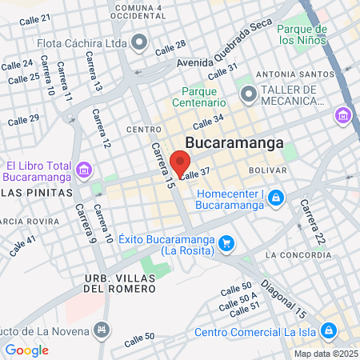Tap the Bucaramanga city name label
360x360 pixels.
pos(234,143)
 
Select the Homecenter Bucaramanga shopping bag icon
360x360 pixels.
pos(275,197)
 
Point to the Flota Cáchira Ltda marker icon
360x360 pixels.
pos(140,40)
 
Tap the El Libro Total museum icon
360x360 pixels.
pos(85,170)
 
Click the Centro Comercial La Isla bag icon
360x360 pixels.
pos(328,331)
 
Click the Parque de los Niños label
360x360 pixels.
pos(302,34)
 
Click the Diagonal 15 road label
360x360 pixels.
pos(284,298)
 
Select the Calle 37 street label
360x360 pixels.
pos(195,173)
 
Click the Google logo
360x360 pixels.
pos(26,350)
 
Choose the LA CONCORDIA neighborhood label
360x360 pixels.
pos(298,255)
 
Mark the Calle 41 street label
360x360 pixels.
pos(22,245)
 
